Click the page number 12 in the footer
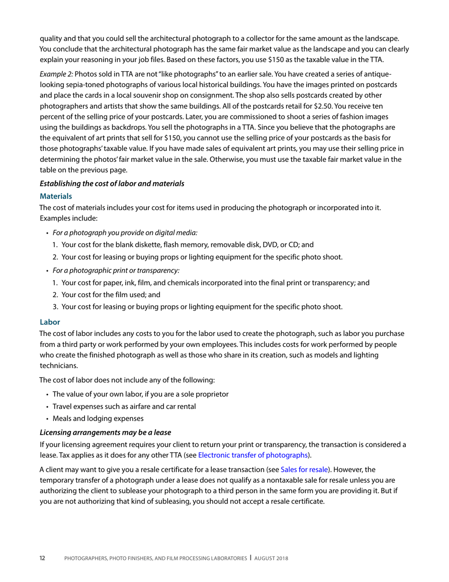pos(42,558)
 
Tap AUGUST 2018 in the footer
pos(272,558)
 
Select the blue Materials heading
pos(55,195)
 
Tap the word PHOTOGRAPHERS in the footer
pos(88,558)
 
